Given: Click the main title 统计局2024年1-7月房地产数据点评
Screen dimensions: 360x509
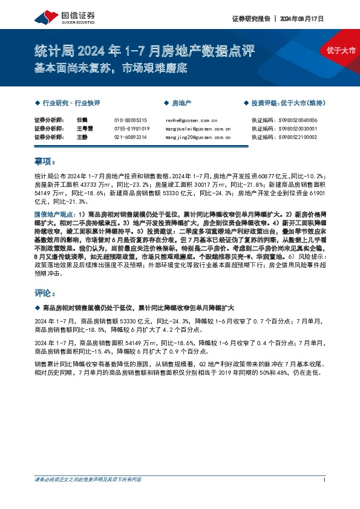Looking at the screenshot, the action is click(144, 51).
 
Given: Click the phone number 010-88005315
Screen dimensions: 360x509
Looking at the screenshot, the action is click(130, 120).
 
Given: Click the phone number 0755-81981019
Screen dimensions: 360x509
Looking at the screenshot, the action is click(131, 129).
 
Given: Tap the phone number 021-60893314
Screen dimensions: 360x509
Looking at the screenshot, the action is click(130, 137).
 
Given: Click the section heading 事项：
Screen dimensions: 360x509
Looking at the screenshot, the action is click(45, 161).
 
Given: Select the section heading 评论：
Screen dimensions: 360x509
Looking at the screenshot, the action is click(45, 294).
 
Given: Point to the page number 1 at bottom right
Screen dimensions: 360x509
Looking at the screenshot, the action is click(325, 480).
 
